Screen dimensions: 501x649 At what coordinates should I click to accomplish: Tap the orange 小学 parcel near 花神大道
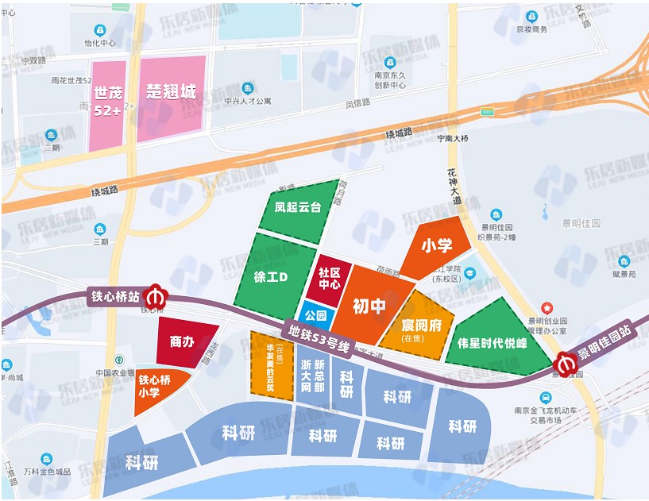(x=436, y=246)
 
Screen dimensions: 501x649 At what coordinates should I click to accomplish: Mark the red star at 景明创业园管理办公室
(x=547, y=306)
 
